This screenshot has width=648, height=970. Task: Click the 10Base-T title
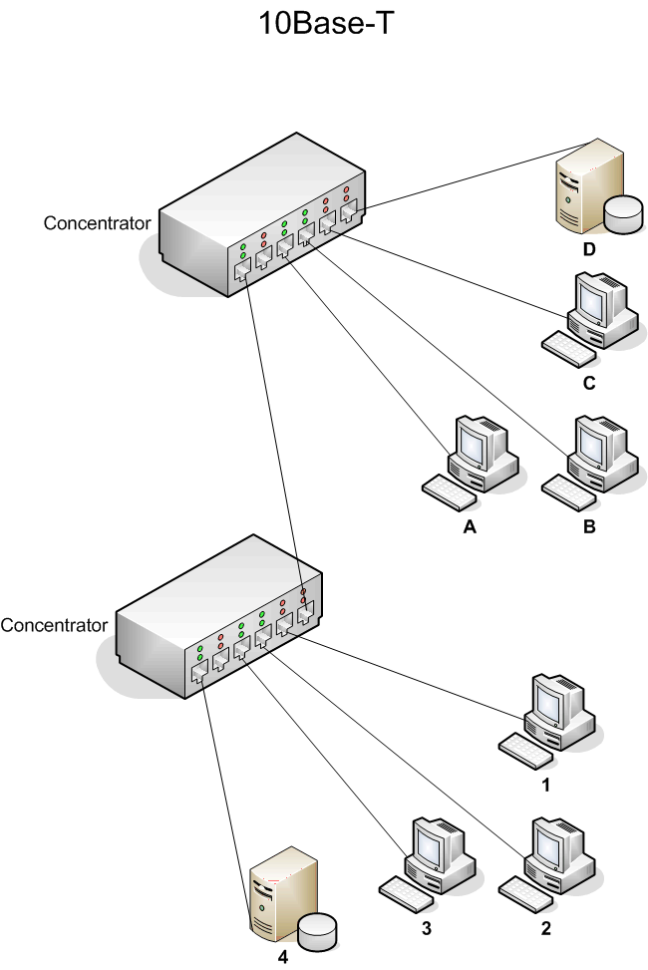321,24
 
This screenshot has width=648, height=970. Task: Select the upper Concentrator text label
97,222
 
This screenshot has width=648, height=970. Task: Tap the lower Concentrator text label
54,626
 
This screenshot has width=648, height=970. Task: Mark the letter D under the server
589,249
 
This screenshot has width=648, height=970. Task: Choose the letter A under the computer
471,528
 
